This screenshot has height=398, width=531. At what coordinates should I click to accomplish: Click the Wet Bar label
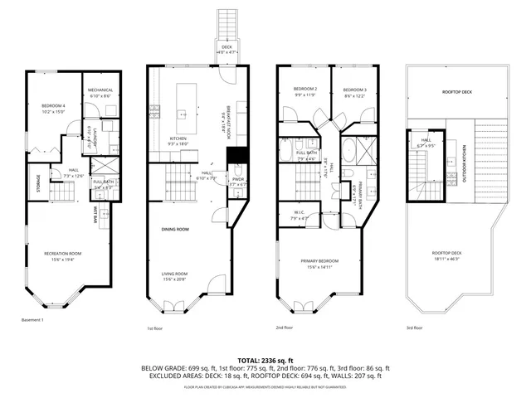pos(97,216)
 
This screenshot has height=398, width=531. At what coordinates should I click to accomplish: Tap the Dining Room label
pos(175,229)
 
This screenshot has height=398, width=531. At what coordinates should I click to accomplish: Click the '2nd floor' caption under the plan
pos(285,328)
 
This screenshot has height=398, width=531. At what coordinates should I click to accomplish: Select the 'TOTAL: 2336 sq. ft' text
pos(265,361)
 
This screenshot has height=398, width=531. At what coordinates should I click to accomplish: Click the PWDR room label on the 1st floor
pos(236,180)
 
